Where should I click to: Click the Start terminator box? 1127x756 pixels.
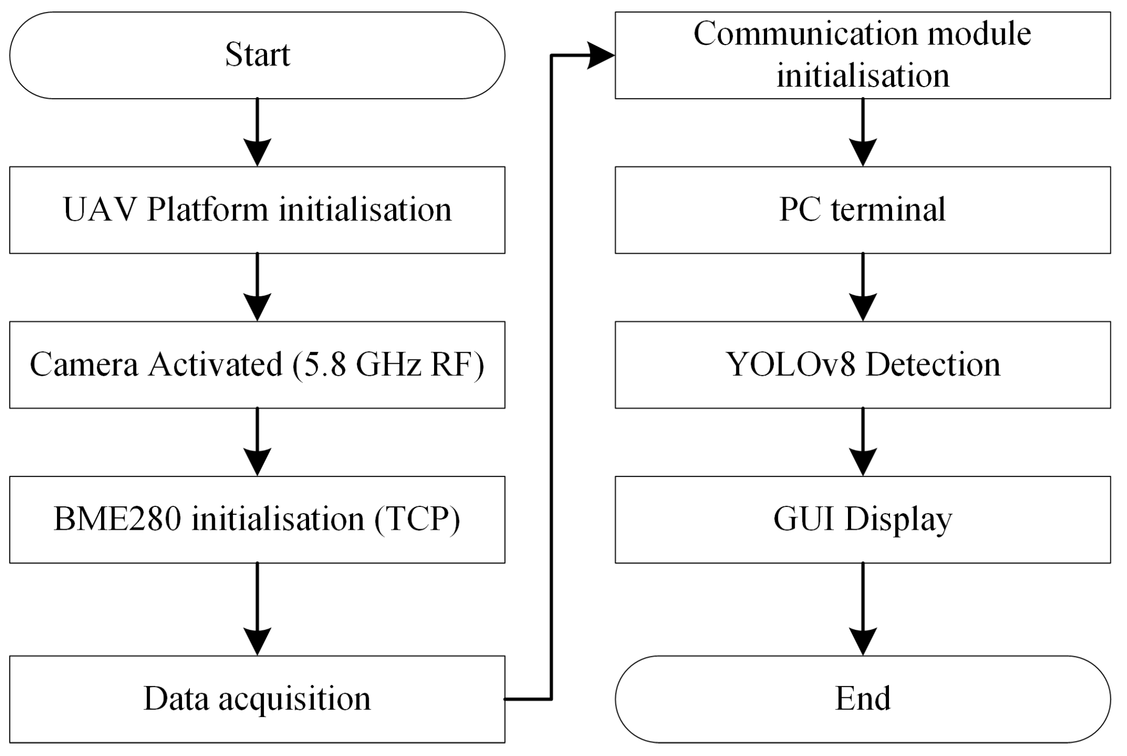(x=257, y=56)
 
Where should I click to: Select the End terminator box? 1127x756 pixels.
(x=862, y=698)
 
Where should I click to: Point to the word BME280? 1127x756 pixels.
(x=117, y=519)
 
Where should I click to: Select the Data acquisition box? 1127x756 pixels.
(x=257, y=698)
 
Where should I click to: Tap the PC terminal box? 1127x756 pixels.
(x=862, y=210)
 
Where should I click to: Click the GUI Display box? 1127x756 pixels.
(x=862, y=519)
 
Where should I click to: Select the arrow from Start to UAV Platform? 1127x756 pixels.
(x=257, y=132)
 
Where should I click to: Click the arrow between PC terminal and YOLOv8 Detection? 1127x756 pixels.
(x=862, y=287)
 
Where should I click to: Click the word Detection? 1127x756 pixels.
(x=933, y=364)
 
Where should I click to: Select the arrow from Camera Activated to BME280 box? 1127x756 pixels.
(x=257, y=442)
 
